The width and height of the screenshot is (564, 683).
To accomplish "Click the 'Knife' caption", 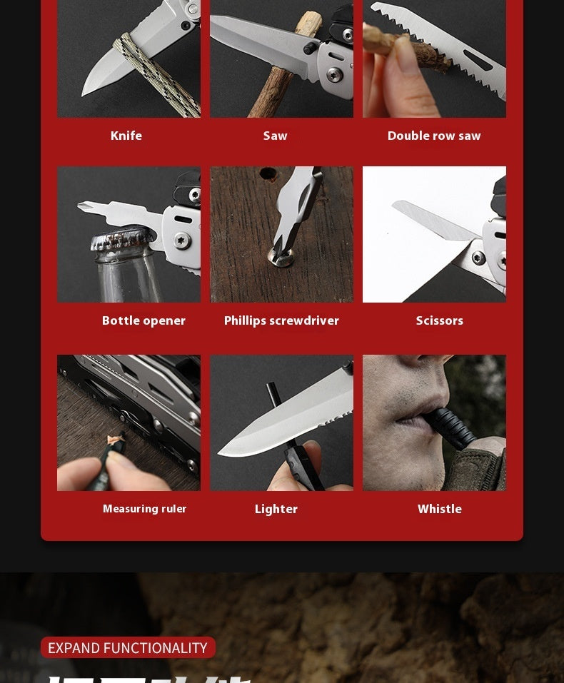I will click(126, 136).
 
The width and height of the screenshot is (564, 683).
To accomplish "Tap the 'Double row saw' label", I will click(434, 136).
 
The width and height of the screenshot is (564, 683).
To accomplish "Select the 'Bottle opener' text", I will click(143, 320).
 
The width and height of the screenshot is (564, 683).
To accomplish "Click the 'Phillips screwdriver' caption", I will click(281, 320).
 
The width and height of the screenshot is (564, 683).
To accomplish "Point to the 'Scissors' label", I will click(440, 320).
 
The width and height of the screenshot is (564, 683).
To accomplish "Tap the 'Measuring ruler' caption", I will click(144, 509).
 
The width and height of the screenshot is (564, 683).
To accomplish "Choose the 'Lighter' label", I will click(276, 509).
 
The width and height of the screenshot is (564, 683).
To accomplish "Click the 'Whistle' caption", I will click(440, 509).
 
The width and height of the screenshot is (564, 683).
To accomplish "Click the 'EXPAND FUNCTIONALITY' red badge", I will click(128, 647).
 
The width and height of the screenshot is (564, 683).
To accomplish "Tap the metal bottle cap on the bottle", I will click(121, 238).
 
